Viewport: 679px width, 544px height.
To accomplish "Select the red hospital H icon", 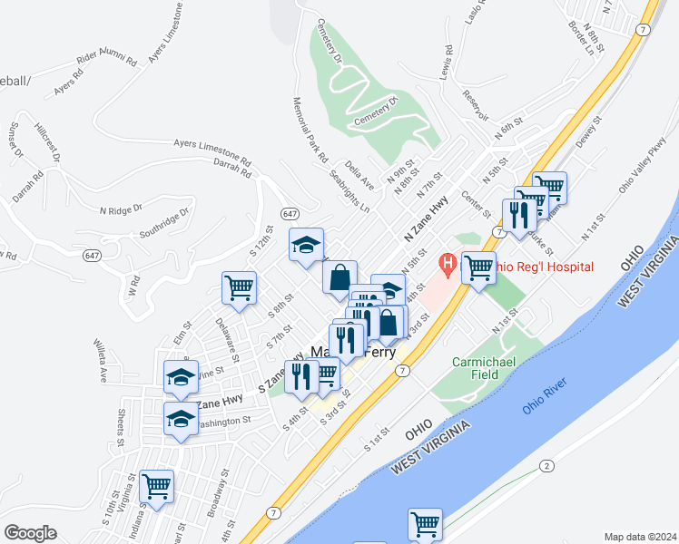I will (447, 264).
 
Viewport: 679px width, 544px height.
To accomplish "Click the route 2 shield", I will (546, 466).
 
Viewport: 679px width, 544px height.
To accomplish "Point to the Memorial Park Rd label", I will (310, 131).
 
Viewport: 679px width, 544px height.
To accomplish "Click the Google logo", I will (30, 533).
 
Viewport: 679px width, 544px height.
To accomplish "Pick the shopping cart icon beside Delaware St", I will (239, 287).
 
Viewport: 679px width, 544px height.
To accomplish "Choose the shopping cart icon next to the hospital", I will (477, 267).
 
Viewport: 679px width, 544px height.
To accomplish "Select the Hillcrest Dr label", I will (45, 143).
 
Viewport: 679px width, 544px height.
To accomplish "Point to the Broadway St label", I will (218, 497).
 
